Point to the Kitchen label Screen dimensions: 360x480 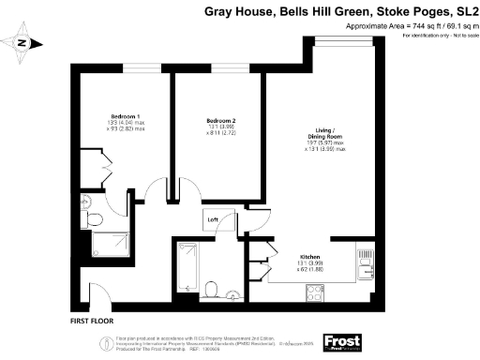tap(311, 256)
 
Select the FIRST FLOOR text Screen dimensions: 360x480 tap(92, 320)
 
